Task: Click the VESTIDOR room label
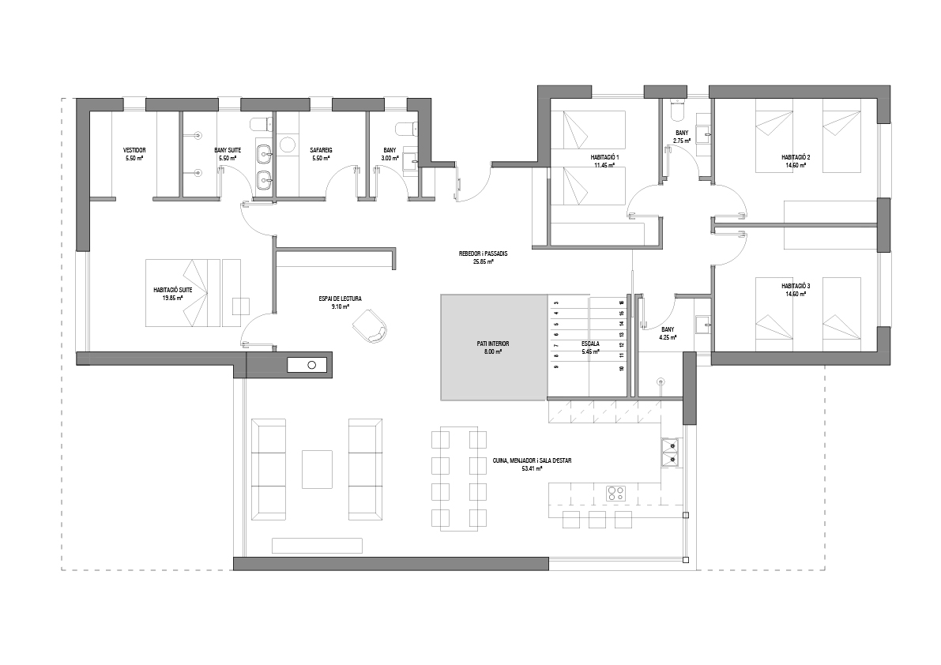(x=134, y=149)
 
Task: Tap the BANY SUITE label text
(x=228, y=149)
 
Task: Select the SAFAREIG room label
(x=321, y=149)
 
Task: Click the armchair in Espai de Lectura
(x=371, y=325)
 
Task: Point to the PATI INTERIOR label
(x=493, y=344)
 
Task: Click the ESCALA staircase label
(x=591, y=344)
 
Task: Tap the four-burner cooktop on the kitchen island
(x=615, y=494)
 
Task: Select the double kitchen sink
(x=670, y=450)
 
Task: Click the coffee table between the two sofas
(x=317, y=468)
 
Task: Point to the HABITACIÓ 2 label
(x=795, y=157)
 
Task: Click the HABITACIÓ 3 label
(x=795, y=286)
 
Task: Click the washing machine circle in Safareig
(x=288, y=144)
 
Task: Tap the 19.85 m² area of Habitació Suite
(x=173, y=299)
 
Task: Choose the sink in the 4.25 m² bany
(x=702, y=322)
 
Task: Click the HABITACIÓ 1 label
(x=605, y=157)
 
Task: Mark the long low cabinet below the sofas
(x=317, y=545)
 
